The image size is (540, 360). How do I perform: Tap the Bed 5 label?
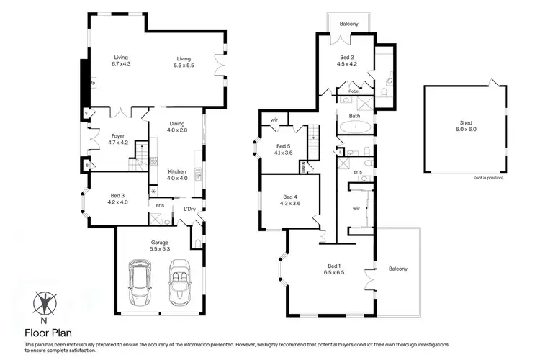(x=282, y=148)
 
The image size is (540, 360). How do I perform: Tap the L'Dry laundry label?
(x=191, y=209)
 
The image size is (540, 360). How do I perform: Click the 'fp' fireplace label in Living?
(x=93, y=84)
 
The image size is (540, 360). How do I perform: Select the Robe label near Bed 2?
(x=354, y=91)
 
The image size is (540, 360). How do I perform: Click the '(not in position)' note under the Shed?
(x=487, y=177)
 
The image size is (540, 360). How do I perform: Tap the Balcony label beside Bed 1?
(x=397, y=269)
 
